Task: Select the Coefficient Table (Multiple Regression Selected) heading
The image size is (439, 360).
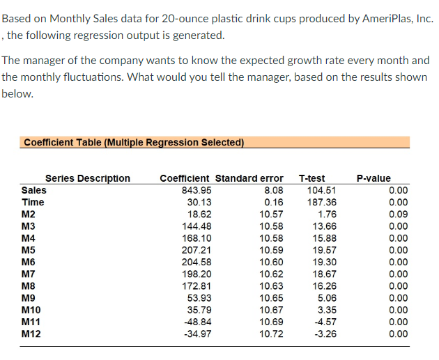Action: tap(134, 143)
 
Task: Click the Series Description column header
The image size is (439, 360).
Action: tap(88, 178)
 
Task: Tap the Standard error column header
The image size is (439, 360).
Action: tap(249, 178)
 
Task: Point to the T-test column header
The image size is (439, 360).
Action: tap(311, 178)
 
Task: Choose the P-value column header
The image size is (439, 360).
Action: tap(373, 178)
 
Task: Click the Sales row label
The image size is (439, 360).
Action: tap(35, 190)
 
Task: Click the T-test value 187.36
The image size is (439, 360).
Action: tap(321, 202)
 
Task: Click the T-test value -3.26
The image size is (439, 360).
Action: tap(324, 333)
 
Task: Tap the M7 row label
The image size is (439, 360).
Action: tap(30, 274)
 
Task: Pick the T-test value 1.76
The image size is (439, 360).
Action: tap(326, 214)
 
